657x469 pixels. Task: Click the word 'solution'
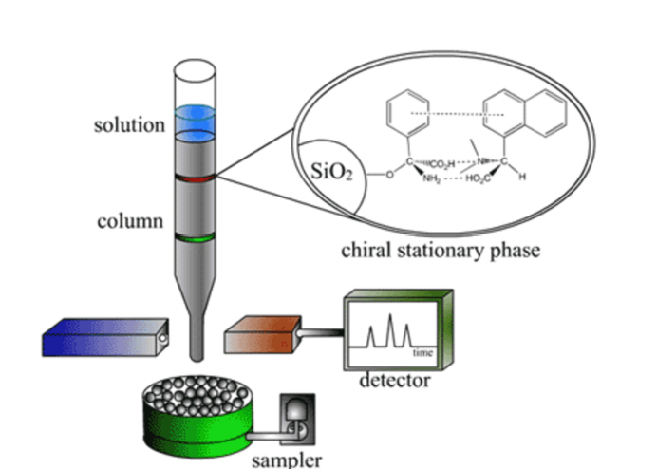[128, 125]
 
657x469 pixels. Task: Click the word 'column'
[129, 222]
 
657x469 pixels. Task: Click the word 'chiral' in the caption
[366, 252]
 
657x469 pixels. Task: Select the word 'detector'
[394, 382]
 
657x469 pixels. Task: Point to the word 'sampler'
[287, 460]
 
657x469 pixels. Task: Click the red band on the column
[193, 178]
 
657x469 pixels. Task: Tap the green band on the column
[193, 235]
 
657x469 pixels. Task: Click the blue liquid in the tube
[193, 120]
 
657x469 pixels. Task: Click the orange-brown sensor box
[261, 338]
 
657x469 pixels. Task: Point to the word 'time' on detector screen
[422, 353]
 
